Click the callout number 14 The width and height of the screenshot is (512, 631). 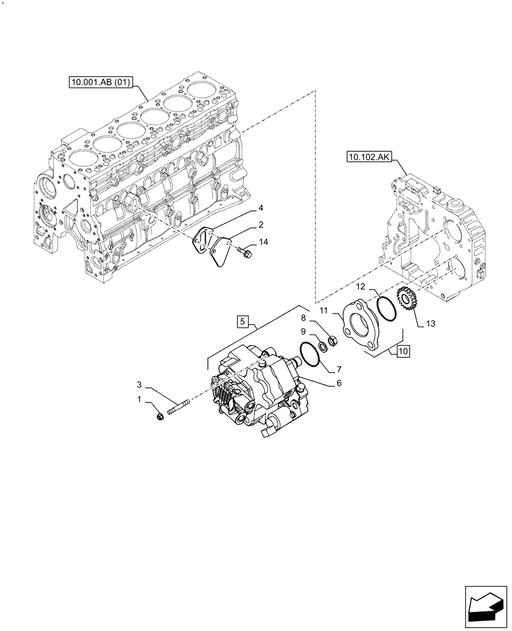tap(263, 242)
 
